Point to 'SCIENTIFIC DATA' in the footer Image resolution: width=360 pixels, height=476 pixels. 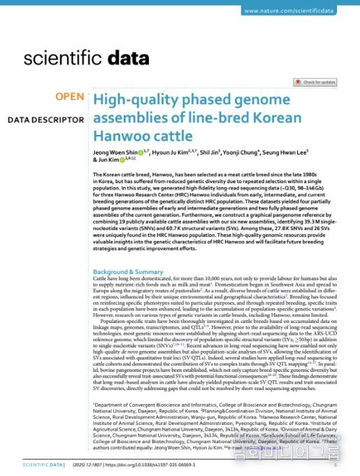pos(43,464)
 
